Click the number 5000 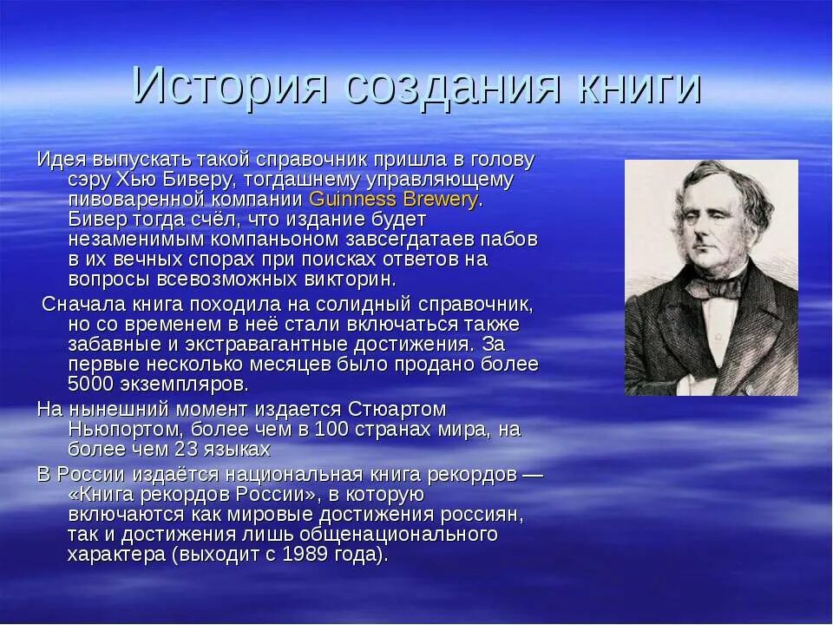(91, 383)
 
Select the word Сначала (84, 305)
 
